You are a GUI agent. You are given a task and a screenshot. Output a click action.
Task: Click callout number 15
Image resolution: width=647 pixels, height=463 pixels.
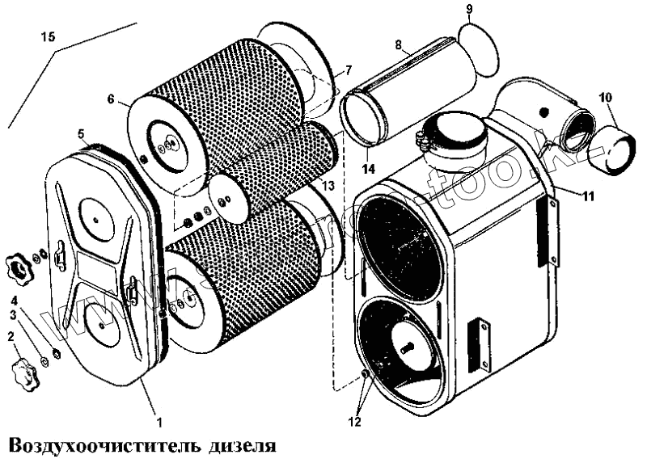pos(48,37)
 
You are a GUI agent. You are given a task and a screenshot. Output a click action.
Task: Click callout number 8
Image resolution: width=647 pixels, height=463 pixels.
pos(399,46)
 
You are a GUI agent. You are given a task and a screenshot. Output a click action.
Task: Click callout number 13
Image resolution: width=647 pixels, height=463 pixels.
pos(328,187)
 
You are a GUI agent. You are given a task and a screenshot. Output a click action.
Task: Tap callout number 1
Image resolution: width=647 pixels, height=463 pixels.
pos(159,421)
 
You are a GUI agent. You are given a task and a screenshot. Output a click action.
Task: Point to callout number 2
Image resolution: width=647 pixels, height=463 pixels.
pos(11,336)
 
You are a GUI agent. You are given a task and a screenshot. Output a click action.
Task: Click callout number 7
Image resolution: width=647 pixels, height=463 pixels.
pos(348,71)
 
